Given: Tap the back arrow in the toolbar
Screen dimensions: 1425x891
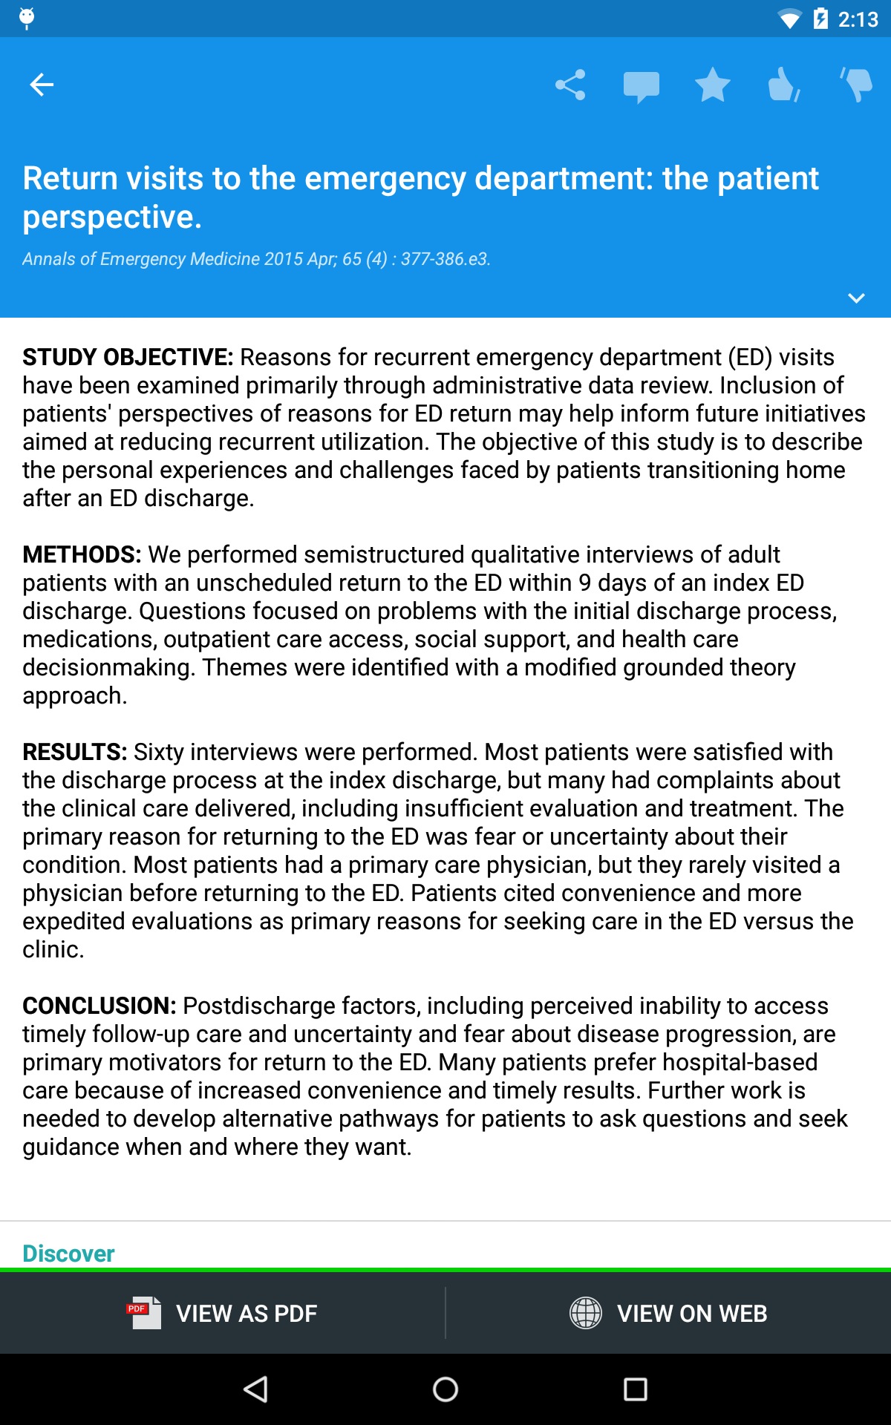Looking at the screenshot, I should click(42, 85).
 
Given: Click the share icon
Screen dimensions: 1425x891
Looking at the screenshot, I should click(570, 85).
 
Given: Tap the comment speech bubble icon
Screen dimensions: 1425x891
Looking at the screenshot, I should click(641, 86).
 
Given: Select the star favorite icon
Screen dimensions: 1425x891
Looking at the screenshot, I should click(712, 85).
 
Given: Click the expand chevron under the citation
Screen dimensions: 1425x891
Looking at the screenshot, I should click(856, 298).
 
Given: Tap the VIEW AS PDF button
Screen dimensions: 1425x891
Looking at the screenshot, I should click(223, 1313).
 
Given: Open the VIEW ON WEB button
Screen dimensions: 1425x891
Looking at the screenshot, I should click(668, 1313).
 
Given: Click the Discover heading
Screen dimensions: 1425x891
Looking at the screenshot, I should click(68, 1254).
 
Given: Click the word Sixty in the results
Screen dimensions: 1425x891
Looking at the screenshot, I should click(159, 752).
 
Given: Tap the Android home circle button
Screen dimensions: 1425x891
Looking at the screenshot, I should click(446, 1389).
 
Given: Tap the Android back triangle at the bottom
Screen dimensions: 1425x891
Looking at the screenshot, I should click(256, 1389).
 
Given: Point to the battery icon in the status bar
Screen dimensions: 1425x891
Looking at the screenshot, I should click(820, 19).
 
